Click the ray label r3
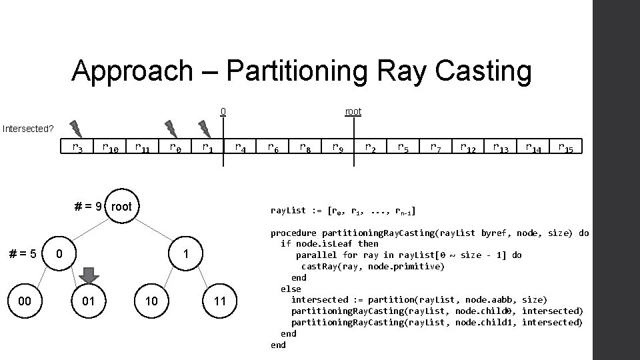[77, 147]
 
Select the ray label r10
[110, 147]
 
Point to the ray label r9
[339, 147]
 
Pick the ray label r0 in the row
[176, 147]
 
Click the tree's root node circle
[121, 207]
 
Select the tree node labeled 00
[25, 301]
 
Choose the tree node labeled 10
[151, 301]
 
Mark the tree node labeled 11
[220, 301]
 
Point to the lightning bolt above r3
[75, 127]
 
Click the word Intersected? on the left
[27, 128]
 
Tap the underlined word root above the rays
[353, 111]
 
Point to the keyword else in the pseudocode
[291, 289]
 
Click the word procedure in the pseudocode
[293, 233]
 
